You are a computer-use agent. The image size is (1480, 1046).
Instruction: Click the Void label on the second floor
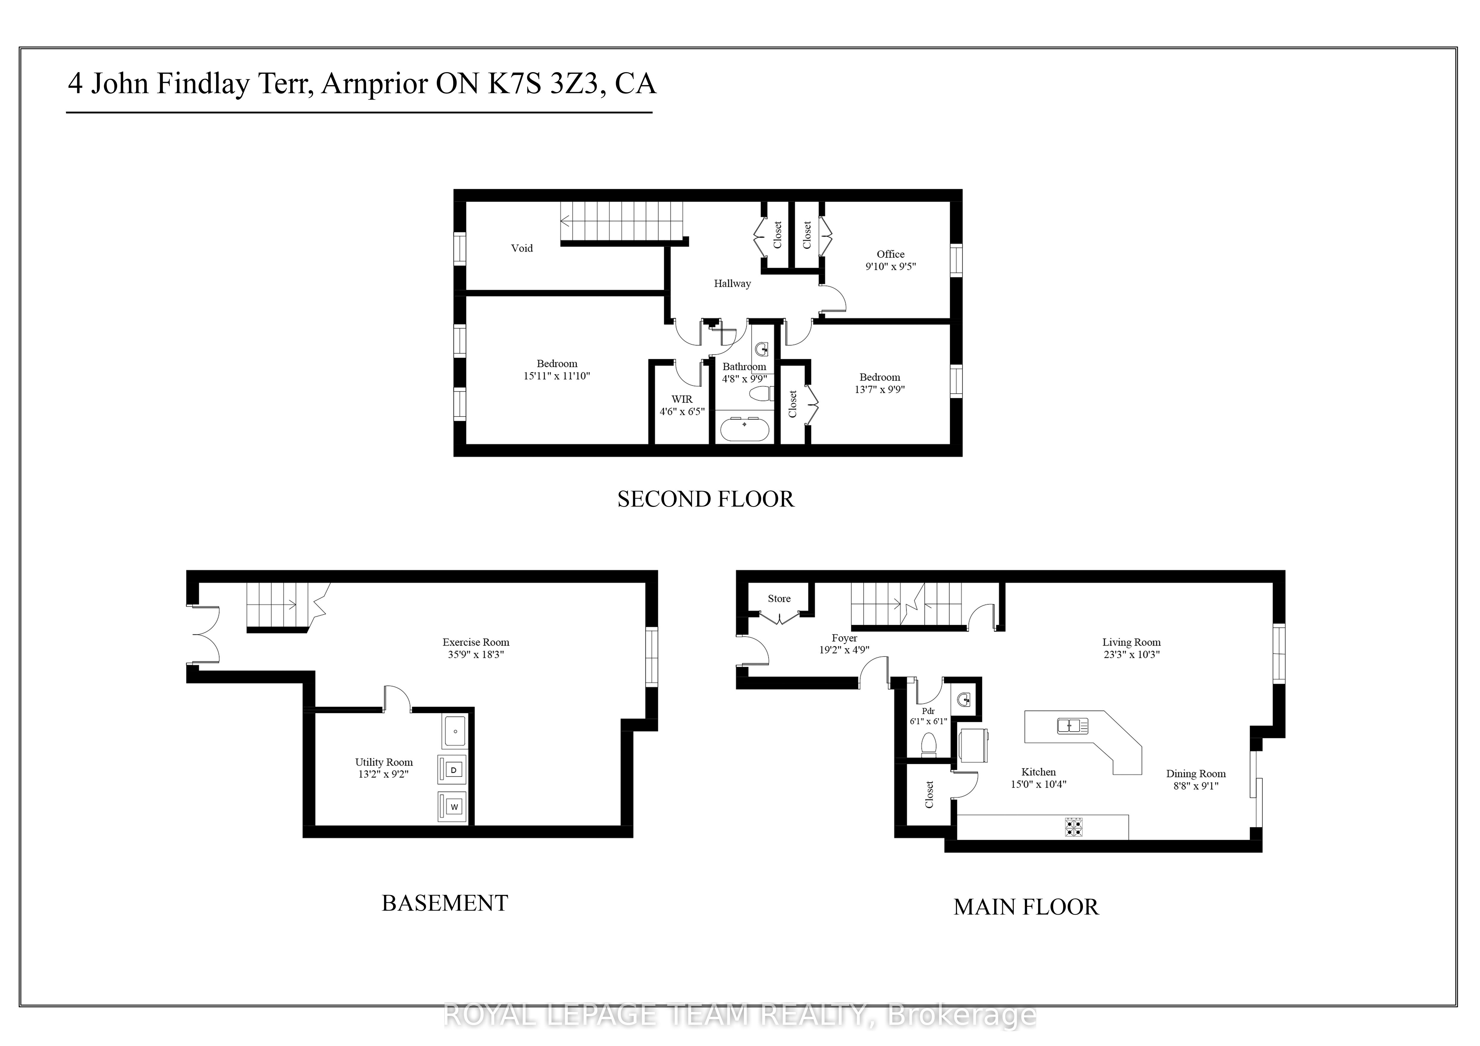click(x=522, y=248)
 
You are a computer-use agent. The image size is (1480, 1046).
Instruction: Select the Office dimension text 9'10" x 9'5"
click(x=891, y=266)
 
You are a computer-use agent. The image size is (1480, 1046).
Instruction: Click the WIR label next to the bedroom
click(x=682, y=399)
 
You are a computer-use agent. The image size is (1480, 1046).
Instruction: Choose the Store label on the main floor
click(x=779, y=599)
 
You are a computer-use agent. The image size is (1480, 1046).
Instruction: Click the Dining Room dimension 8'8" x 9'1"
click(x=1196, y=786)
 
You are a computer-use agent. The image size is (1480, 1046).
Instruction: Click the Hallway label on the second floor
click(x=732, y=283)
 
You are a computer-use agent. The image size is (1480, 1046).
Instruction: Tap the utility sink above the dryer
click(x=456, y=732)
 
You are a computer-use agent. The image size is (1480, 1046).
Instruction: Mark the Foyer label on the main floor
click(x=845, y=638)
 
